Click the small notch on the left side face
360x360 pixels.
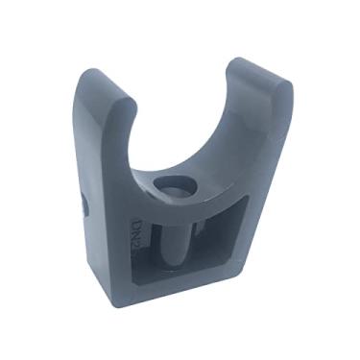click(x=85, y=204)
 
